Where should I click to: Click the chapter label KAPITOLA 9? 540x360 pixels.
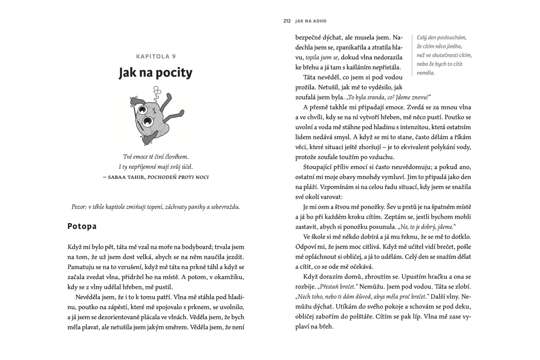[155, 56]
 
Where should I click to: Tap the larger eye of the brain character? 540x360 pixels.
[147, 121]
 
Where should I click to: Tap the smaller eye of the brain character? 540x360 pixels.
[143, 108]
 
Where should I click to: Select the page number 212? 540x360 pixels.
[287, 21]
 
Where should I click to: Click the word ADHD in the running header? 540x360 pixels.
[318, 21]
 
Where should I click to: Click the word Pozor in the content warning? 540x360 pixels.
[80, 207]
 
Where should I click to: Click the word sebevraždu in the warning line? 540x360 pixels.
[224, 207]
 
